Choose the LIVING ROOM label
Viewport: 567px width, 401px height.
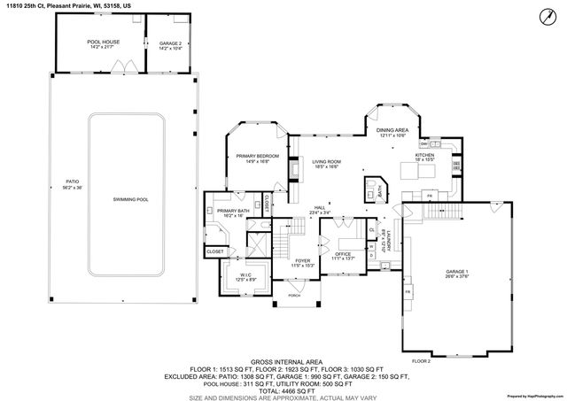pyautogui.click(x=326, y=163)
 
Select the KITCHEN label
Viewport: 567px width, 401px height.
pyautogui.click(x=426, y=156)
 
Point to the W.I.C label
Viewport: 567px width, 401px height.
pyautogui.click(x=233, y=277)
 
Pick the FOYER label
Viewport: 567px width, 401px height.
pyautogui.click(x=303, y=262)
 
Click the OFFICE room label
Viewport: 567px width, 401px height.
pyautogui.click(x=342, y=255)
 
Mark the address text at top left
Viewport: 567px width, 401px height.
pyautogui.click(x=66, y=5)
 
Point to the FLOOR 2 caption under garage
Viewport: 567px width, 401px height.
pyautogui.click(x=421, y=361)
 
